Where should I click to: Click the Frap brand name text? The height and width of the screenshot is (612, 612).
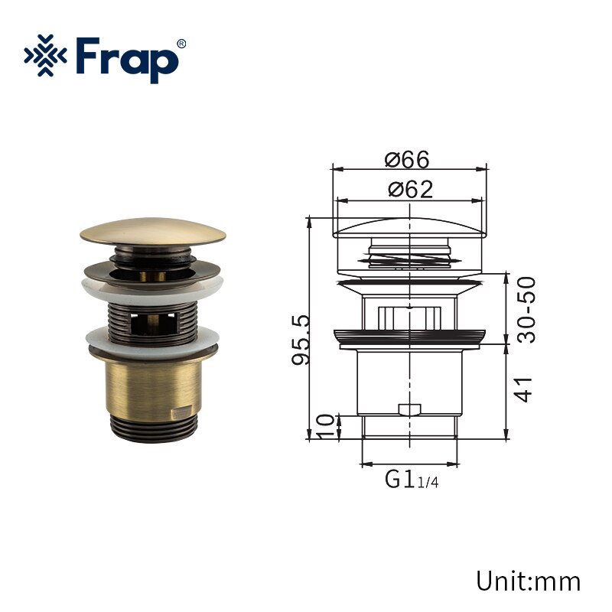click(126, 59)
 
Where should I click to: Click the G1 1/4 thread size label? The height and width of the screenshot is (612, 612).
click(412, 480)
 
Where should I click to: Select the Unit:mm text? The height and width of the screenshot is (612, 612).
click(528, 580)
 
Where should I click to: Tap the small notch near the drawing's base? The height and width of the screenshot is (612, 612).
click(411, 409)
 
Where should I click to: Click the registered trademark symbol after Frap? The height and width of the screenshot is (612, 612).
click(181, 43)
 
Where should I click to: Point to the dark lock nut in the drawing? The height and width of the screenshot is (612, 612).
click(411, 337)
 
